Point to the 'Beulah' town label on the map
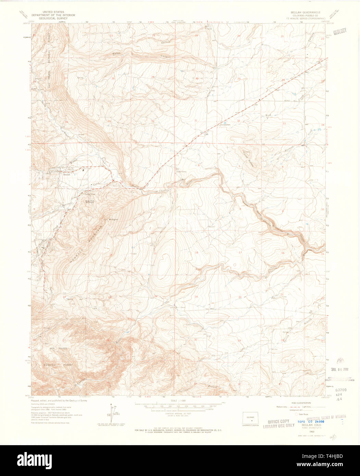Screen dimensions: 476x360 point(66,174)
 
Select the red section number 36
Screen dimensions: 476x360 point(152,121)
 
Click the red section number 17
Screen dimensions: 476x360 point(240,252)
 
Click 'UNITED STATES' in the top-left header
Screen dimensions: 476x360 point(53,12)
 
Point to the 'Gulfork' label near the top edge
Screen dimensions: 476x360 point(166,42)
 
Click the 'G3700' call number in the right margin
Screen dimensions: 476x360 point(341,390)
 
